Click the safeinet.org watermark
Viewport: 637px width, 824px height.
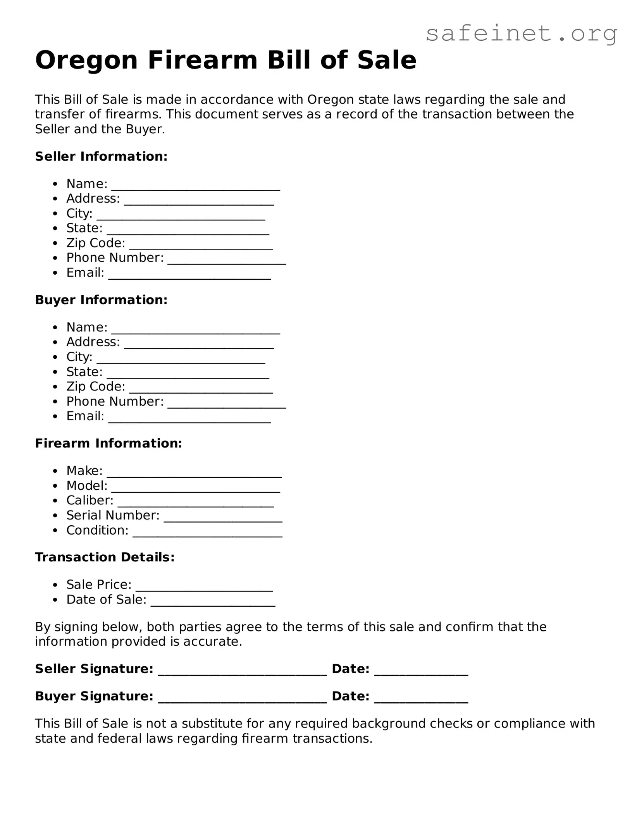(521, 34)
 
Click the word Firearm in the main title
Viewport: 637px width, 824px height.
(202, 61)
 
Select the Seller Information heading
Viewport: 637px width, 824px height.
(101, 157)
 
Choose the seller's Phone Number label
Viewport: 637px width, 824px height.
(115, 258)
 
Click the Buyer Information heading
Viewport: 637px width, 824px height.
(101, 300)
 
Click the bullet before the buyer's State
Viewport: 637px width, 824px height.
(56, 372)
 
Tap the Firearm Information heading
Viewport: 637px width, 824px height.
(108, 444)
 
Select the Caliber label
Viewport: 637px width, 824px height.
(90, 501)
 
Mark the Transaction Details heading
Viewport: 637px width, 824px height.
(105, 557)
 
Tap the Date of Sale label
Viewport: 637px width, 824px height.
(106, 600)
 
